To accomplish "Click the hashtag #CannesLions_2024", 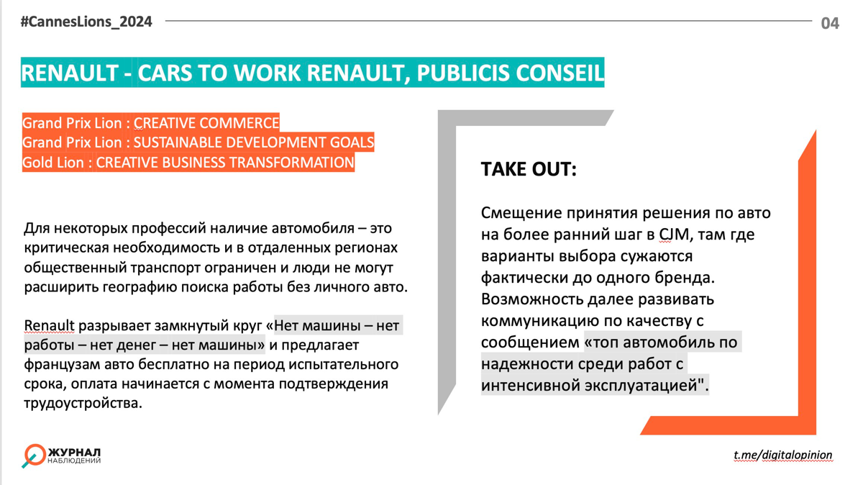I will [x=86, y=22].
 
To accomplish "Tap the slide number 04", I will [x=830, y=23].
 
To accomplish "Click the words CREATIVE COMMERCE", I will [x=206, y=123].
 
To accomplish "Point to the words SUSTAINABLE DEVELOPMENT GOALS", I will [x=254, y=142].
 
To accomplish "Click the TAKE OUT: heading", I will [x=529, y=170].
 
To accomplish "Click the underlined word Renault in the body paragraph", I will [x=49, y=326].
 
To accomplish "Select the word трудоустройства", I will [x=83, y=403].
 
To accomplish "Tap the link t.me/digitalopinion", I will [x=782, y=455].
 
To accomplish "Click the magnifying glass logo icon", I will [x=33, y=455].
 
